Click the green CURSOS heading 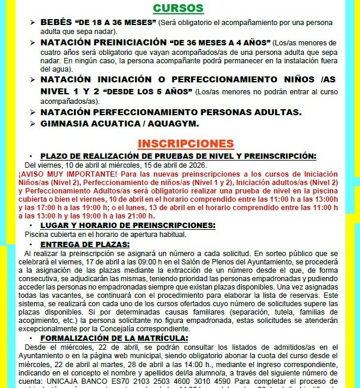[x=178, y=8]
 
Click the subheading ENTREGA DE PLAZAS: [x=85, y=244]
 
